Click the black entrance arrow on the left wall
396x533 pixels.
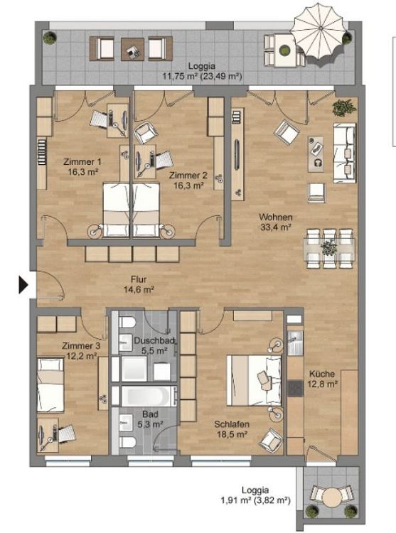(23, 285)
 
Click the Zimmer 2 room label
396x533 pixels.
(188, 179)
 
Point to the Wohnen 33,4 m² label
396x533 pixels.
(276, 222)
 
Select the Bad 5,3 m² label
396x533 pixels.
(149, 419)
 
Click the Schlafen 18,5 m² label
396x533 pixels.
(230, 429)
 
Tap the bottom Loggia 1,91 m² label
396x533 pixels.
(255, 495)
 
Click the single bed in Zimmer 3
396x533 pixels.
(51, 380)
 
